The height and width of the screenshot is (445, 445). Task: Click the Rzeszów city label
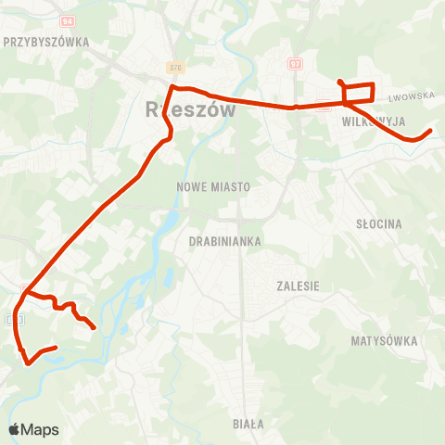click(191, 109)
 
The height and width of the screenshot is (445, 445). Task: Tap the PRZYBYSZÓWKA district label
click(45, 42)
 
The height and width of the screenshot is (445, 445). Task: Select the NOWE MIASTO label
click(213, 186)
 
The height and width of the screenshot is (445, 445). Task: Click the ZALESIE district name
click(298, 286)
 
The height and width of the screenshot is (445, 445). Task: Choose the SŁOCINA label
click(379, 224)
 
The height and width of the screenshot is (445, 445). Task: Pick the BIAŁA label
click(248, 424)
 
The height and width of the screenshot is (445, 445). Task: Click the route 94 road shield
click(66, 20)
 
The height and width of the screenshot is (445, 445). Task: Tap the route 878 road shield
click(175, 68)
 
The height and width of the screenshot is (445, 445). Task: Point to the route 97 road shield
click(295, 64)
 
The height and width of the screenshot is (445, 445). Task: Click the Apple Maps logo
click(33, 429)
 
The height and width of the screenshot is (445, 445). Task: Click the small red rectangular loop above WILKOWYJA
click(359, 93)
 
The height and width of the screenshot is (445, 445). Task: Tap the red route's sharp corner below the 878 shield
click(172, 87)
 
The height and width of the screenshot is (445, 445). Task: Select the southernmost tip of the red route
click(29, 362)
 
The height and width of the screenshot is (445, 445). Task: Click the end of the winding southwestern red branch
click(95, 326)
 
